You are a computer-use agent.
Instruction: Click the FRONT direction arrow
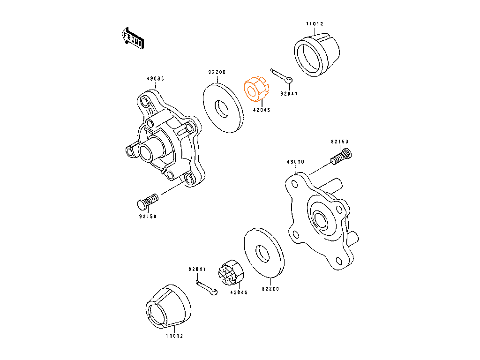pos(133,38)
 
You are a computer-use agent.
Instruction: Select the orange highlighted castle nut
pos(256,89)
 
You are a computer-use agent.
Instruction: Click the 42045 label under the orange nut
pos(262,110)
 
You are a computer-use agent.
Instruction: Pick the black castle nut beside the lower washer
pos(231,273)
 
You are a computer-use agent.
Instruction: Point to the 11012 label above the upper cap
pos(315,23)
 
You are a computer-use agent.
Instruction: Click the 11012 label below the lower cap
pos(174,336)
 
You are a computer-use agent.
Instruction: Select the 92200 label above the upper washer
pos(217,72)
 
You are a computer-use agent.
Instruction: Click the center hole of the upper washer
pos(222,109)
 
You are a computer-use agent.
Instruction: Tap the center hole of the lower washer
pos(262,254)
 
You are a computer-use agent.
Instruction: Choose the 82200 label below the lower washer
pos(270,289)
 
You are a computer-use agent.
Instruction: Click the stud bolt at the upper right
pos(341,156)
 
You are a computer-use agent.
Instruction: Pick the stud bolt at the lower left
pos(148,202)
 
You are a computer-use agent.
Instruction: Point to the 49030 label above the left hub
pos(155,79)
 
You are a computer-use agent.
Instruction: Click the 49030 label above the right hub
pos(295,162)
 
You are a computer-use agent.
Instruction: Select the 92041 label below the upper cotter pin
pos(289,94)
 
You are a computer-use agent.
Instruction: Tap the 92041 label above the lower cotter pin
pos(197,269)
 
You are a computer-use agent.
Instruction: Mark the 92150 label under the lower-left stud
pos(148,217)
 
